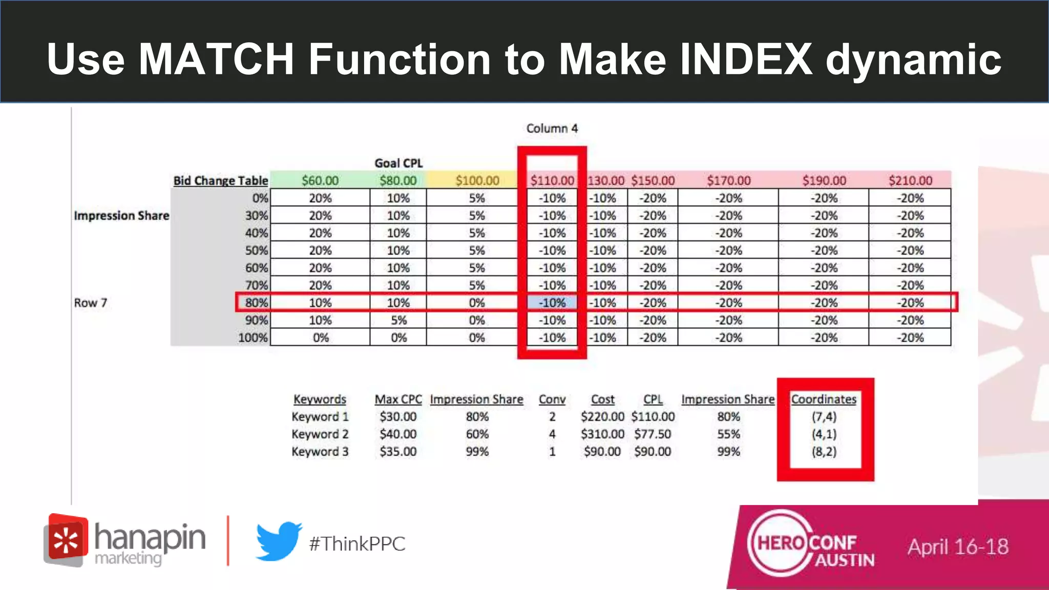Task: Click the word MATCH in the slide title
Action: coord(216,59)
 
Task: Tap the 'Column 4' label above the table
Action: coord(552,129)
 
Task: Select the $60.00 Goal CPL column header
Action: coord(320,180)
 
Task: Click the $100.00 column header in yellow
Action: coord(477,180)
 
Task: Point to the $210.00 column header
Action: coord(910,180)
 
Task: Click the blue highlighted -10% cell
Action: coord(552,303)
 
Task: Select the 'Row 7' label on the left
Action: coord(91,303)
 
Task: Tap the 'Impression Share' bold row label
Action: coord(121,216)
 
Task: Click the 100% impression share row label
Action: coord(253,338)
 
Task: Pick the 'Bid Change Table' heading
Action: coord(220,180)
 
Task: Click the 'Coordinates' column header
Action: coord(824,399)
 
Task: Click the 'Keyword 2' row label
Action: coord(320,434)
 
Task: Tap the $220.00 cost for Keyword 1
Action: coord(602,416)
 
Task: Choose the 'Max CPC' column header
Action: coord(398,399)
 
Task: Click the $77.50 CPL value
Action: coord(653,434)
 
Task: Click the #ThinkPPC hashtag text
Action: coord(357,544)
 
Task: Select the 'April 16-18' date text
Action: coord(958,546)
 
